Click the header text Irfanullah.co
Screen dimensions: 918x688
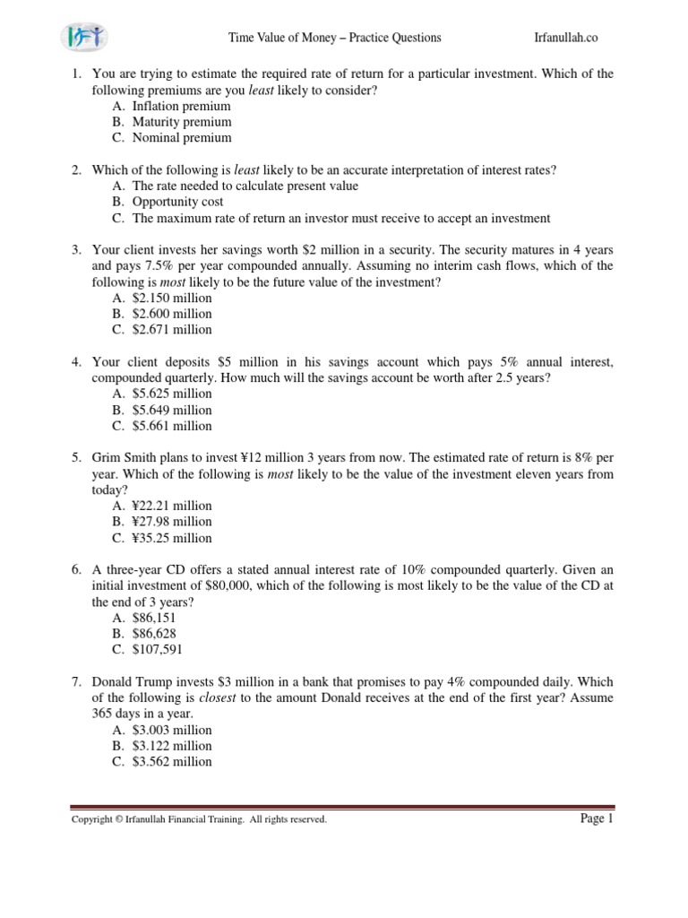[564, 38]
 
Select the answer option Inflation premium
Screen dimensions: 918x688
[181, 106]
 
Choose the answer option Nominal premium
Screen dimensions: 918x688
[181, 138]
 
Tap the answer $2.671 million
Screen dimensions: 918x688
[172, 330]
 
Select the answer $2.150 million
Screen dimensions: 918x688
[172, 298]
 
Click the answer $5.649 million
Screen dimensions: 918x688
[172, 410]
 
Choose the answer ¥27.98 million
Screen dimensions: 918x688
[172, 522]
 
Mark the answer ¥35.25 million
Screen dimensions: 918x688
[172, 538]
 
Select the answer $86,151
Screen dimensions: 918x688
[154, 618]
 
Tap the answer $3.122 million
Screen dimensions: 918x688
[172, 746]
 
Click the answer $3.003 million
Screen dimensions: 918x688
[172, 730]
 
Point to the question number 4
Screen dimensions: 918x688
[76, 361]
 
